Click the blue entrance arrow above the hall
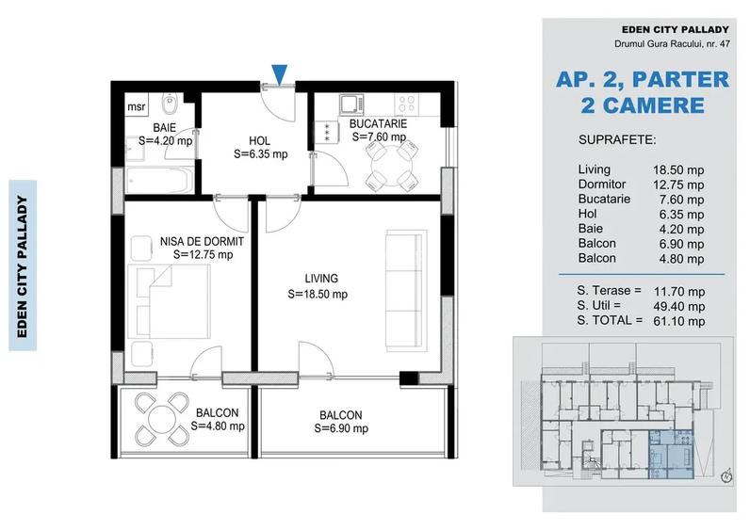pos(280,73)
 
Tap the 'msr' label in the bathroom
pos(137,107)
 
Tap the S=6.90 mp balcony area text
pos(340,428)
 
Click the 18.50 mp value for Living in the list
pos(681,169)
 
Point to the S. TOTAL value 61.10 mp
pos(681,320)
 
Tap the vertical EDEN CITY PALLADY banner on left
pos(23,265)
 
